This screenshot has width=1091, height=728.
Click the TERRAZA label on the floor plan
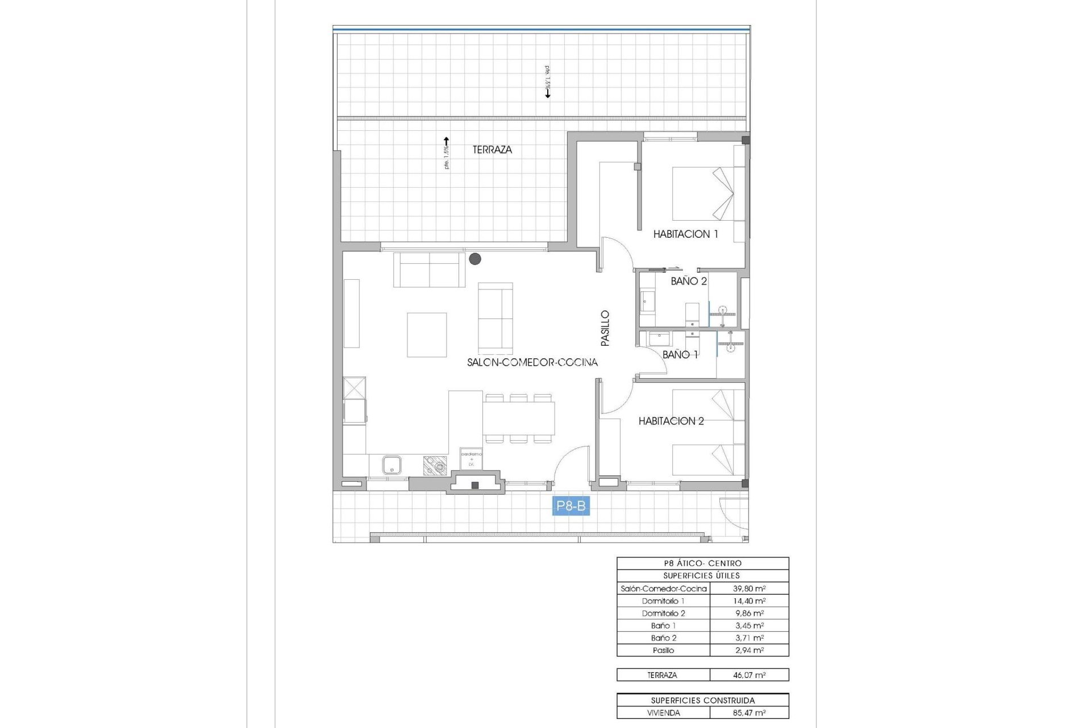[x=492, y=150]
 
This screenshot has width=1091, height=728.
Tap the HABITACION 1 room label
[x=685, y=234]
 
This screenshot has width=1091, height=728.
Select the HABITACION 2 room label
[x=671, y=421]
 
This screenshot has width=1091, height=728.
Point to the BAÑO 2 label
[x=689, y=281]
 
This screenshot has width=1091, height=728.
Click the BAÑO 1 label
[x=680, y=354]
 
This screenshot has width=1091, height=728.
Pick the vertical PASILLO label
[x=605, y=328]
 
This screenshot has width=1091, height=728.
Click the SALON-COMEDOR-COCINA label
[x=532, y=362]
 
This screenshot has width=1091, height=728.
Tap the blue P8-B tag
[x=571, y=506]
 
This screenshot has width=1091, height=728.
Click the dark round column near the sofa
[x=475, y=259]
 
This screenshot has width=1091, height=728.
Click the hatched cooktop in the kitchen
[x=435, y=466]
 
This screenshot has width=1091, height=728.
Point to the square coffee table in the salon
[x=427, y=335]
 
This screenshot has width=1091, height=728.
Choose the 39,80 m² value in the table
[x=749, y=589]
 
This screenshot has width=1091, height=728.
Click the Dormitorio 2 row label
[x=663, y=613]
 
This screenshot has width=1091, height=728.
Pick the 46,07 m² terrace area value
[x=749, y=675]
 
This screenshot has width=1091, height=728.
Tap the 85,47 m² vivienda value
[x=749, y=713]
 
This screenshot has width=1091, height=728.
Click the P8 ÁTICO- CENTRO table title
[x=702, y=563]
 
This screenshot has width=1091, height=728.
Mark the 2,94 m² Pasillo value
[x=749, y=650]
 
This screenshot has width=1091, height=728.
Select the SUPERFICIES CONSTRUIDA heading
[x=702, y=701]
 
